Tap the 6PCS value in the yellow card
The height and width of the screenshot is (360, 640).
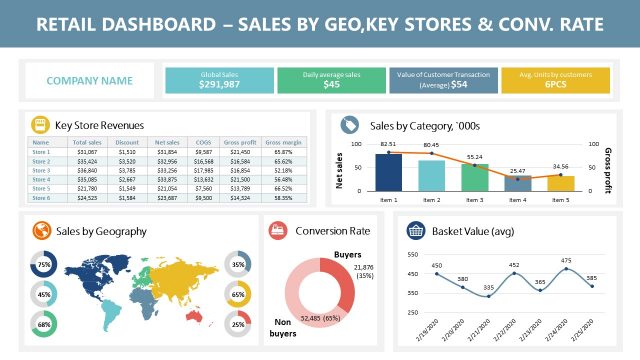tap(556, 86)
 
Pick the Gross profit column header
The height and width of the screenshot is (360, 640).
tap(239, 144)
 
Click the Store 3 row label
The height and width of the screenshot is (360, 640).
tap(41, 170)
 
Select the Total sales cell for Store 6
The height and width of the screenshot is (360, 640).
tap(85, 197)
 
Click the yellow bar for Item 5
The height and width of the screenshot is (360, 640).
tap(560, 183)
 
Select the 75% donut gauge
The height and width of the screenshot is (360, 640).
tap(44, 265)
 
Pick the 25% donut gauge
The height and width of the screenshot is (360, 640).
tap(238, 323)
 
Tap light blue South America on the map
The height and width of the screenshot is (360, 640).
tap(113, 301)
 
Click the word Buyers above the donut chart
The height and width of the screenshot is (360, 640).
tap(347, 255)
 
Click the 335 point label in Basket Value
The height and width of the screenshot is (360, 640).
tap(488, 288)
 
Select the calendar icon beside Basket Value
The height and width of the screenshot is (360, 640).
tap(413, 231)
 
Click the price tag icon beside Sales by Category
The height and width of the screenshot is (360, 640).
tap(349, 125)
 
